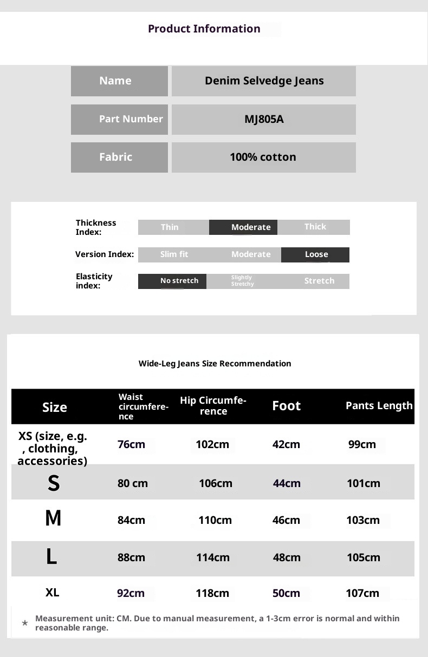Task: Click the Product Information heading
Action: point(204,29)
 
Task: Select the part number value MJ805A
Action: point(264,119)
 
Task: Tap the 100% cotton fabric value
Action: point(263,157)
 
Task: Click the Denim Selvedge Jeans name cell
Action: point(264,81)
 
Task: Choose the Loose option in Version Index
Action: point(316,254)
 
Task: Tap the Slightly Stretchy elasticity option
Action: point(242,281)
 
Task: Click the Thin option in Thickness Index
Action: point(170,227)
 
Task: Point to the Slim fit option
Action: point(174,254)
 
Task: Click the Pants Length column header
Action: point(379,406)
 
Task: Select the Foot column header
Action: point(286,406)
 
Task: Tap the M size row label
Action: point(53,519)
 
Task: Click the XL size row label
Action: point(52,593)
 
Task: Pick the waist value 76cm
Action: point(131,445)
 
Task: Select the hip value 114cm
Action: point(212,557)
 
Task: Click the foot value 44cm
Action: point(287,483)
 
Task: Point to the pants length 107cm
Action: point(362,593)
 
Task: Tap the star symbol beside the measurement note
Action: point(25,623)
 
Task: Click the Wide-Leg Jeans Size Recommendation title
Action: point(215,364)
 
